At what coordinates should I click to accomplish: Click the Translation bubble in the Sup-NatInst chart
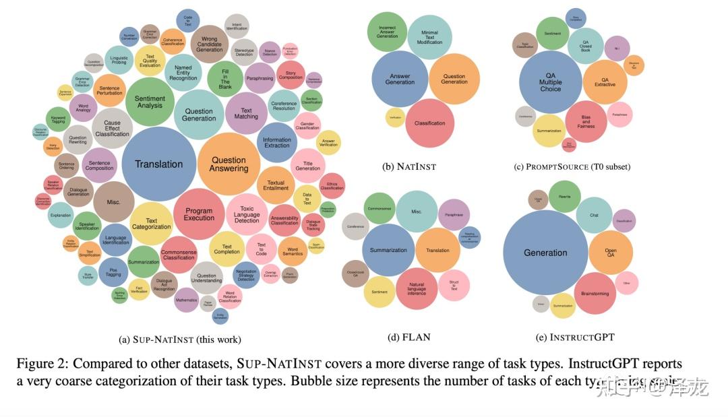click(158, 164)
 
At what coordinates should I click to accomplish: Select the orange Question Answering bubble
click(229, 164)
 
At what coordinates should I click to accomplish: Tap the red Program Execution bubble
click(199, 214)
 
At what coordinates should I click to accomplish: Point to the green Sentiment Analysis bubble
click(150, 102)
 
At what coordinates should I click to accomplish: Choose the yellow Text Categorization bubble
click(152, 224)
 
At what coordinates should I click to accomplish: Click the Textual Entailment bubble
click(276, 185)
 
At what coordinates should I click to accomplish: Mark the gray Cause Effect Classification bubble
click(112, 129)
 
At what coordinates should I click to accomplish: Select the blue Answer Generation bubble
click(400, 79)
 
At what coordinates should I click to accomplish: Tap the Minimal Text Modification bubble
click(429, 37)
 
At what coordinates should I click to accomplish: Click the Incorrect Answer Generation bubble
click(387, 32)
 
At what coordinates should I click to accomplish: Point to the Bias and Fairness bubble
click(586, 122)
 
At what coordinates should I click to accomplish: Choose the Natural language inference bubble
click(416, 289)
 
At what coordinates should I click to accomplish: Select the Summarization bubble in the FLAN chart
click(388, 250)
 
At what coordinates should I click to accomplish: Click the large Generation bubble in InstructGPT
click(545, 253)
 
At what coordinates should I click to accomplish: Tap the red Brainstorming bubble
click(595, 294)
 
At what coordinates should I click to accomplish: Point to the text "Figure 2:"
click(41, 364)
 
